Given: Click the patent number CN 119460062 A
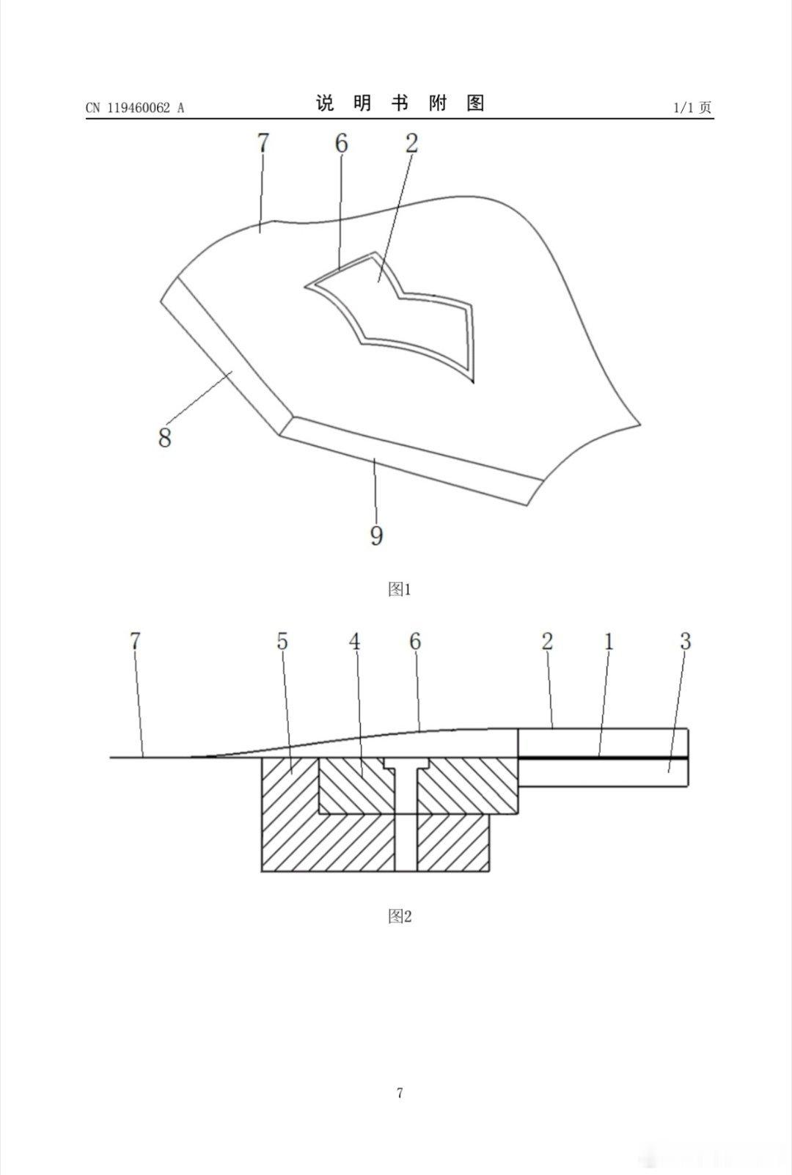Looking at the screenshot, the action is pyautogui.click(x=135, y=108).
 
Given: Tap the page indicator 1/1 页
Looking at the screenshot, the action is pyautogui.click(x=692, y=108).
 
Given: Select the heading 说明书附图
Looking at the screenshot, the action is pyautogui.click(x=400, y=103).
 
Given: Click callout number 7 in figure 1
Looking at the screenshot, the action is pyautogui.click(x=263, y=143).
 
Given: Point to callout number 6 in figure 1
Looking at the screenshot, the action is pyautogui.click(x=342, y=143).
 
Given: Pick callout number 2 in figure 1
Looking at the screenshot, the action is pyautogui.click(x=411, y=143).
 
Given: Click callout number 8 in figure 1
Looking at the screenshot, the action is pyautogui.click(x=165, y=436).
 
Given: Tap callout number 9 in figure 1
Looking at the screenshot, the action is pyautogui.click(x=377, y=535).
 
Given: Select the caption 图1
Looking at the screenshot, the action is pyautogui.click(x=400, y=590).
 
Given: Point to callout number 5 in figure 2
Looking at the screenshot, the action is pyautogui.click(x=282, y=641).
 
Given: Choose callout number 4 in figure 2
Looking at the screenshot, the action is pyautogui.click(x=355, y=641).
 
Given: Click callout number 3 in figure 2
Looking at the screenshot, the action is pyautogui.click(x=686, y=641).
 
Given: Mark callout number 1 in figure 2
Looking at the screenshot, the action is pyautogui.click(x=609, y=641).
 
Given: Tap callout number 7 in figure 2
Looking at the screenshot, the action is pyautogui.click(x=136, y=641).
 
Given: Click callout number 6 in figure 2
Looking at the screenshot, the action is pyautogui.click(x=415, y=641).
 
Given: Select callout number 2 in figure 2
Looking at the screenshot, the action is pyautogui.click(x=547, y=641).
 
